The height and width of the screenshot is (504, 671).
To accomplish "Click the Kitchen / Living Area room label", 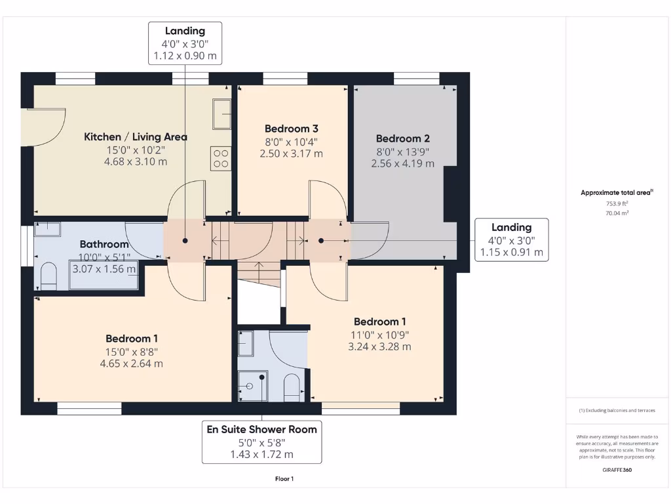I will pos(136,136).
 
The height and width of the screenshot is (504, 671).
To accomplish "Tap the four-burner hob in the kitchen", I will pos(221,159).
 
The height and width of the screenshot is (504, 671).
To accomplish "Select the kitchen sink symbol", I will pos(222,114).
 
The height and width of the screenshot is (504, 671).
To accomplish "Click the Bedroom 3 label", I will pos(292,129).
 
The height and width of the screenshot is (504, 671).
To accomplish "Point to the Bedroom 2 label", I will pos(402,138).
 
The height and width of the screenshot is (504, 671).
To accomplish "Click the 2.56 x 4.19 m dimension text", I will pos(402,163).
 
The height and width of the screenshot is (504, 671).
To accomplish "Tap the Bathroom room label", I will pos(104,244).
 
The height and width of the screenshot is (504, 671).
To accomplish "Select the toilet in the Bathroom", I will pos(49,276).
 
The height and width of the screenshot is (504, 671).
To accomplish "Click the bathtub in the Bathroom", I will pos(104,277).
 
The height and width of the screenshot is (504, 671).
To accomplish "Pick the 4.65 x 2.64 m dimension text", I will pos(132,363).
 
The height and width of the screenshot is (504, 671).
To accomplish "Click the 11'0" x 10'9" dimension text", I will pos(379,334).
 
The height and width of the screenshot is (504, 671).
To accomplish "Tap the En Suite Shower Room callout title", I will pos(261,429).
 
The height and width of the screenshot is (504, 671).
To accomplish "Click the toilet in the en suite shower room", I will pos(292,387).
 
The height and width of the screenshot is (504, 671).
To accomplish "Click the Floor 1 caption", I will pos(284,479).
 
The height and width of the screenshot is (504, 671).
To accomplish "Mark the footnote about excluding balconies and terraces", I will pos(617,410).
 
